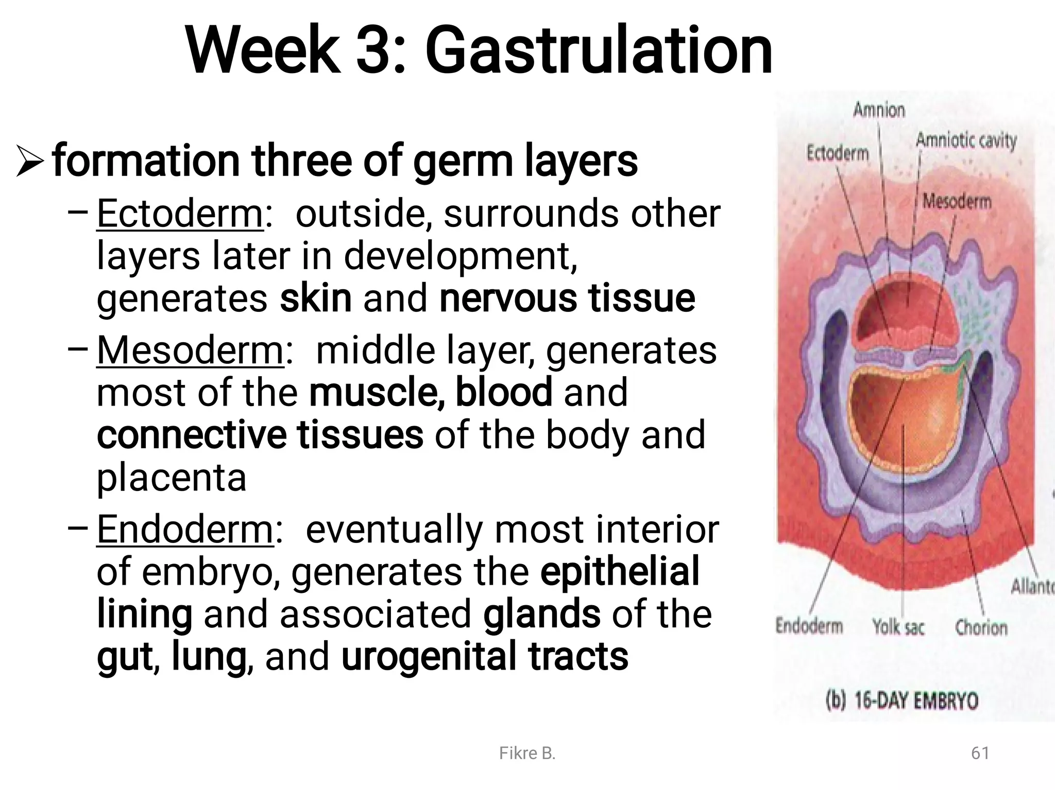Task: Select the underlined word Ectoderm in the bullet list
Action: pyautogui.click(x=180, y=213)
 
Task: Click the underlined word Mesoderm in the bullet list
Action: pyautogui.click(x=190, y=350)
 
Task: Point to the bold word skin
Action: pyautogui.click(x=316, y=299)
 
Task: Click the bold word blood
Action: pyautogui.click(x=504, y=392)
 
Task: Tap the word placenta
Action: pyautogui.click(x=172, y=478)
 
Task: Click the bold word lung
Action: pyautogui.click(x=208, y=656)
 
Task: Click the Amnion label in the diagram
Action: pyautogui.click(x=879, y=110)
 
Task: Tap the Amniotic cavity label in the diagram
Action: pyautogui.click(x=966, y=141)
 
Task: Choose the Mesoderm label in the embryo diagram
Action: pyautogui.click(x=957, y=201)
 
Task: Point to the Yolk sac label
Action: pyautogui.click(x=898, y=627)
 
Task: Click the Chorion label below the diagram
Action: pyautogui.click(x=981, y=627)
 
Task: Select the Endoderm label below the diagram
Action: pyautogui.click(x=809, y=626)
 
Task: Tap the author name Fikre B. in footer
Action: pyautogui.click(x=527, y=753)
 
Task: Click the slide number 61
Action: pyautogui.click(x=980, y=753)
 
